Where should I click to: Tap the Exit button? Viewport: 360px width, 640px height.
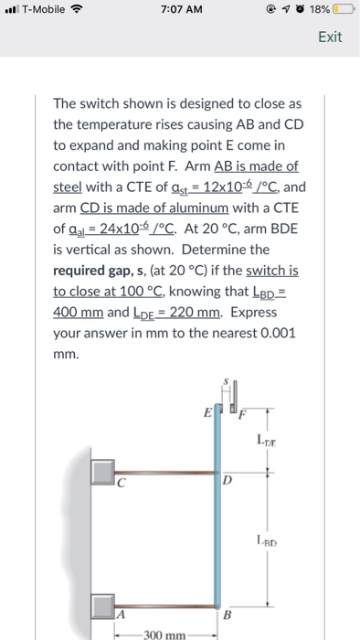[330, 37]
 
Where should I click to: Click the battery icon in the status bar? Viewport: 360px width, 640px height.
[344, 9]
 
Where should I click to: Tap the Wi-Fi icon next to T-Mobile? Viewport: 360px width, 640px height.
[76, 9]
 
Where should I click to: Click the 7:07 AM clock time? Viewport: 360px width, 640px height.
[182, 9]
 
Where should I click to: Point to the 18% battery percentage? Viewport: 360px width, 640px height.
[320, 9]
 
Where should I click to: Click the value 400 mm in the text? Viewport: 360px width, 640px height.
[79, 313]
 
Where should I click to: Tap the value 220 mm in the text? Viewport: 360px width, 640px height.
[196, 313]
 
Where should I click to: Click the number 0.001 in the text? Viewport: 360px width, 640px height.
[277, 334]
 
